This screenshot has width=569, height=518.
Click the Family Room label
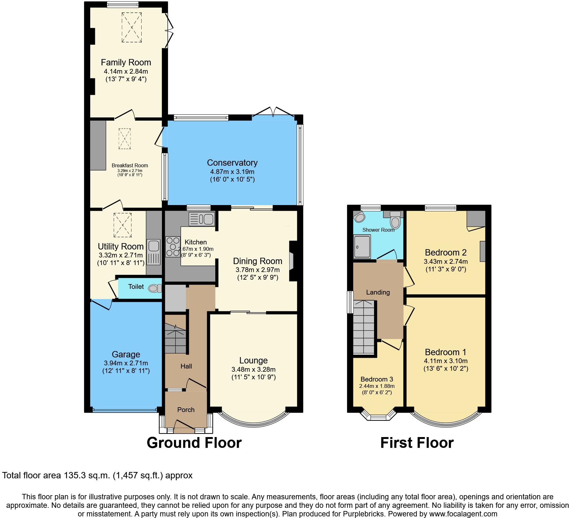(x=126, y=63)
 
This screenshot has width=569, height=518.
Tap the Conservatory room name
(x=232, y=163)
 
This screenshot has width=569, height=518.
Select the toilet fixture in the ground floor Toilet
(x=154, y=288)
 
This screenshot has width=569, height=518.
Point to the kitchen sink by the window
(x=202, y=219)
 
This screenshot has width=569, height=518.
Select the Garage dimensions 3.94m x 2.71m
(x=126, y=363)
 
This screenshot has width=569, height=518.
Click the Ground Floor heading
(x=194, y=443)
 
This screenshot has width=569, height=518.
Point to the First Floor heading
(x=417, y=443)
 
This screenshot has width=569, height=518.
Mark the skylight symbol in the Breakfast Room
(x=124, y=139)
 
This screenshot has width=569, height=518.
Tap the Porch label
(x=186, y=410)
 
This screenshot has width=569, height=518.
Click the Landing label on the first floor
(x=378, y=292)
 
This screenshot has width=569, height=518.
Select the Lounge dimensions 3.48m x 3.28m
(x=253, y=369)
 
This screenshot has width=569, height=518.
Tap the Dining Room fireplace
(x=291, y=261)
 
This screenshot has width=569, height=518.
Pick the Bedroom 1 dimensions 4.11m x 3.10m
(x=445, y=361)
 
